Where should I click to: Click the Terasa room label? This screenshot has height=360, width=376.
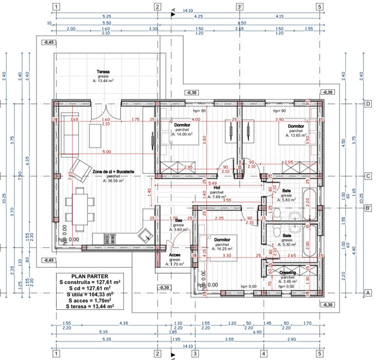(105, 72)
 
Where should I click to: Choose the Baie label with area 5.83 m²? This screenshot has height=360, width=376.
(287, 191)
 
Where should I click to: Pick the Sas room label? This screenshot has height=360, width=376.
(178, 221)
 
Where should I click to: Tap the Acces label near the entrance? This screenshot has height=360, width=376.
(175, 255)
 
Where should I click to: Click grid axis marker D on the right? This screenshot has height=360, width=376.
(367, 104)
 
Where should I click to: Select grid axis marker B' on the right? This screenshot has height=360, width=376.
(368, 208)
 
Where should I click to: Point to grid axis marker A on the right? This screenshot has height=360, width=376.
(367, 292)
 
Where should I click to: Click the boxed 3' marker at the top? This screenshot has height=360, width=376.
(240, 7)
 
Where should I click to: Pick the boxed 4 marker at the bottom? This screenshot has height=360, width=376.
(263, 354)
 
